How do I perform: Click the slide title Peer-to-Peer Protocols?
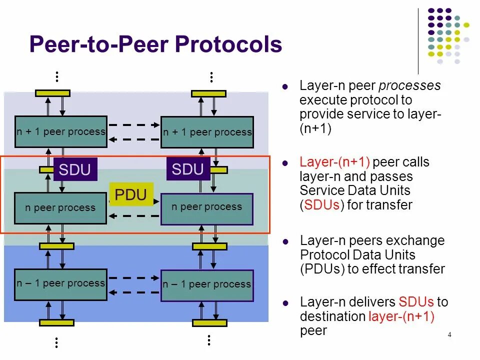click(155, 45)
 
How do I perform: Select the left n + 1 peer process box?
click(60, 132)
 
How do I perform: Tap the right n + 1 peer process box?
click(207, 132)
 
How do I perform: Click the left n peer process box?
click(60, 208)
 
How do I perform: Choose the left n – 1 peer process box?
click(60, 284)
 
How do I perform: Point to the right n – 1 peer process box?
click(206, 285)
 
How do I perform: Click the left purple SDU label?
click(75, 170)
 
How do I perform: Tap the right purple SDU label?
click(187, 169)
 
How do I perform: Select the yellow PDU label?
click(130, 195)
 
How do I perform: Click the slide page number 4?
click(449, 335)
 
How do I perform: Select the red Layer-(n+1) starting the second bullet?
click(334, 162)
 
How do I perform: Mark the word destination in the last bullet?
click(332, 316)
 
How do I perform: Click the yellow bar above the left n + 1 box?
click(52, 93)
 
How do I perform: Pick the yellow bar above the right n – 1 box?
click(209, 246)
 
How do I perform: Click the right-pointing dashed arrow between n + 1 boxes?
click(133, 124)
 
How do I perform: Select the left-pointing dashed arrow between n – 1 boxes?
click(133, 292)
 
